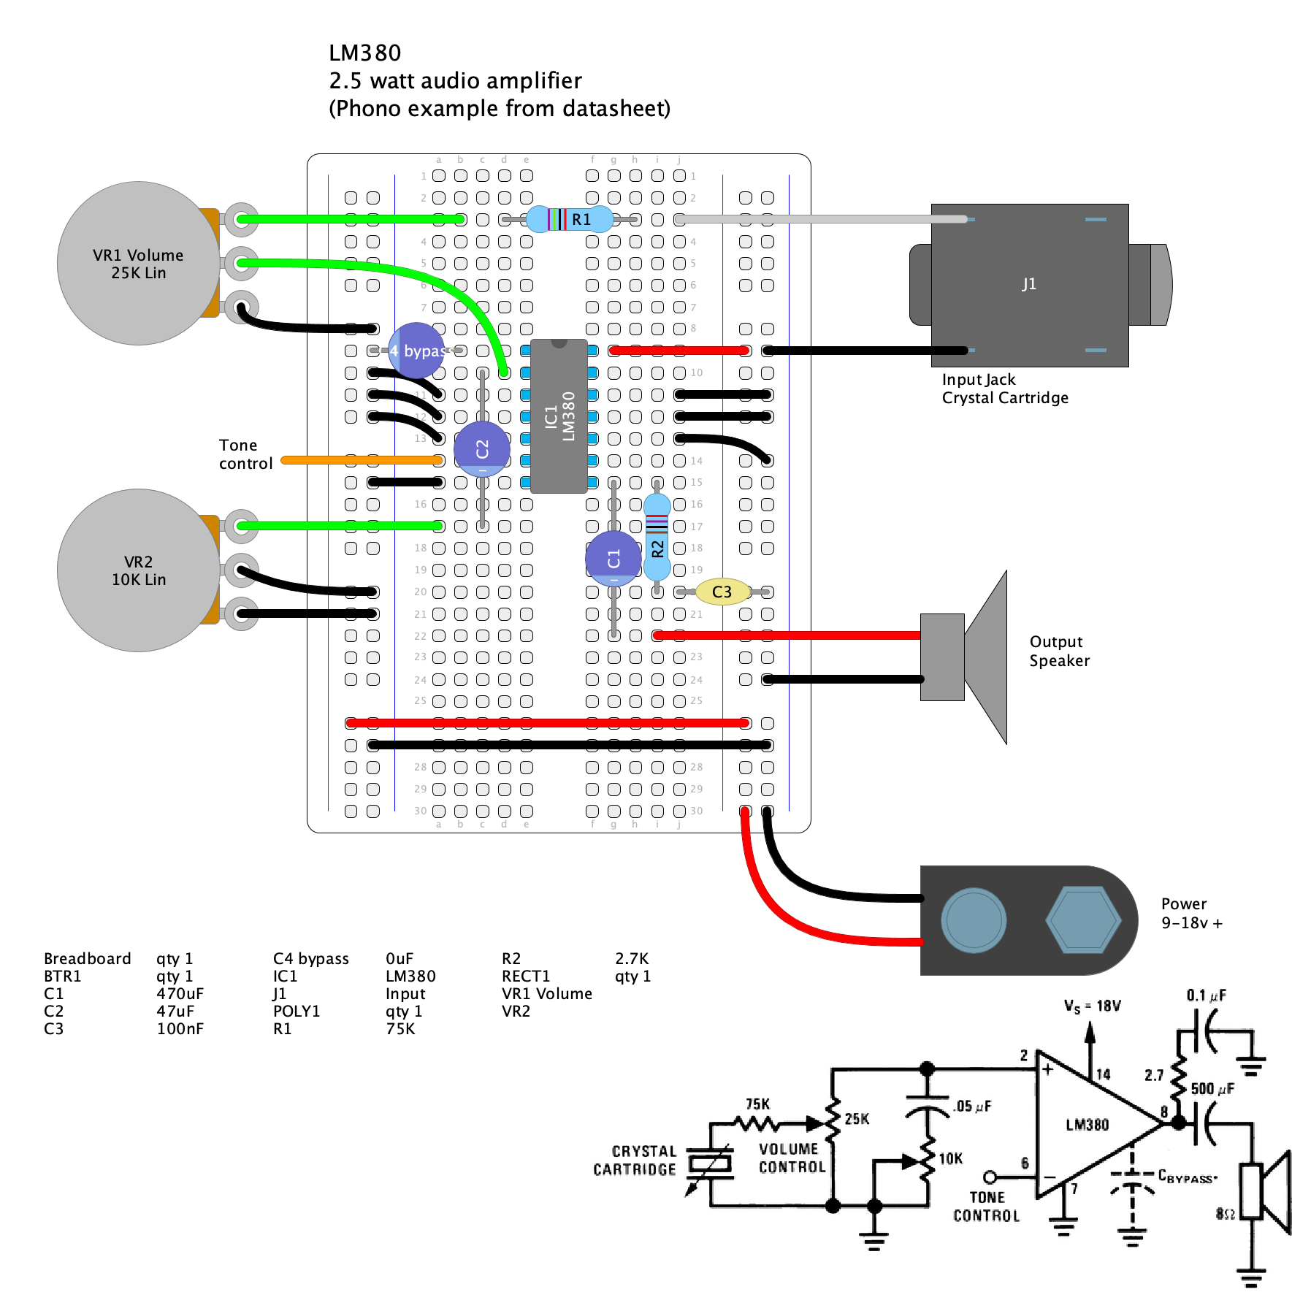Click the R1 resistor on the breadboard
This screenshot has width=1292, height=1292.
point(570,219)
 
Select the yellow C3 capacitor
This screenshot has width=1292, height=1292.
point(722,592)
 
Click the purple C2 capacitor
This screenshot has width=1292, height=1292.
point(482,448)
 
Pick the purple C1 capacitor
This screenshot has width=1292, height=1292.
point(613,559)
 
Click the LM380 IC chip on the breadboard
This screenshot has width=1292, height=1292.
point(559,416)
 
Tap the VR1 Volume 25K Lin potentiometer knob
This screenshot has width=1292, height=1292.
point(138,264)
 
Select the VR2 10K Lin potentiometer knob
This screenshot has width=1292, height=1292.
point(138,570)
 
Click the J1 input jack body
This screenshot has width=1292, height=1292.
point(1029,285)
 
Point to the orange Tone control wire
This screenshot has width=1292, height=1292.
point(362,460)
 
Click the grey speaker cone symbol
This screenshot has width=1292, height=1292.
point(986,657)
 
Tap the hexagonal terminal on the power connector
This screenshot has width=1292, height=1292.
point(1083,920)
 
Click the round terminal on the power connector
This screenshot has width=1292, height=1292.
point(974,920)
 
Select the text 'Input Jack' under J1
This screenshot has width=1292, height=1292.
point(978,380)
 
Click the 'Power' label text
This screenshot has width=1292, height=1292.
point(1183,904)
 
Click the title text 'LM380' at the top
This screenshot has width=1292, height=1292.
point(364,53)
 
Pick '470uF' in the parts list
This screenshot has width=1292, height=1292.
point(180,994)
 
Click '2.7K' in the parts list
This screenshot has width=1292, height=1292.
point(631,959)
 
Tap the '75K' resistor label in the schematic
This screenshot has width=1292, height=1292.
point(757,1104)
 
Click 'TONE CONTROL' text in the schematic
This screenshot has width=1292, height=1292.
point(986,1207)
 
